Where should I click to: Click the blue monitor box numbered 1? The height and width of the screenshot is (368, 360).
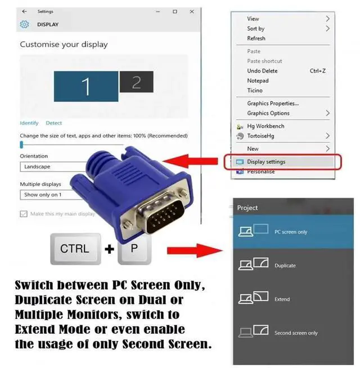(86, 86)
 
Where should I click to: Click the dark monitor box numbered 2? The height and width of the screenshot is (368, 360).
(136, 82)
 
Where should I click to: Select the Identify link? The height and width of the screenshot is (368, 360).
(29, 123)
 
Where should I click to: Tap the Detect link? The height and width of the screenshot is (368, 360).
(54, 123)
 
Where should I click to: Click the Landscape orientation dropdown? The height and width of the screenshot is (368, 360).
(51, 167)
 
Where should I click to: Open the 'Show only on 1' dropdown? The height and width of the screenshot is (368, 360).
(48, 195)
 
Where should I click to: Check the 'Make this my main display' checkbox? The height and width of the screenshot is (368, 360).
(24, 214)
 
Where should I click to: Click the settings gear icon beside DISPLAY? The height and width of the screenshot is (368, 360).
(24, 24)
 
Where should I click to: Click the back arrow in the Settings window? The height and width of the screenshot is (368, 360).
(24, 11)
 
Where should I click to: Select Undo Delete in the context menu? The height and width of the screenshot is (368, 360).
(262, 71)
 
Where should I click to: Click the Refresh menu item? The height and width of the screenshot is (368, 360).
(256, 38)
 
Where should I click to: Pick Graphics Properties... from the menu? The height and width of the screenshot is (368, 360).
(273, 103)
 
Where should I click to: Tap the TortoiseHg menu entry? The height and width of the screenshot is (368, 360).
(262, 136)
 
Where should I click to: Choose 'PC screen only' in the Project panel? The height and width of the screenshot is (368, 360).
(291, 232)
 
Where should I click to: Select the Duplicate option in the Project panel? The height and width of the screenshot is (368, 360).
(285, 265)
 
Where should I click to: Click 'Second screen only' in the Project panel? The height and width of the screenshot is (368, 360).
(296, 333)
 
